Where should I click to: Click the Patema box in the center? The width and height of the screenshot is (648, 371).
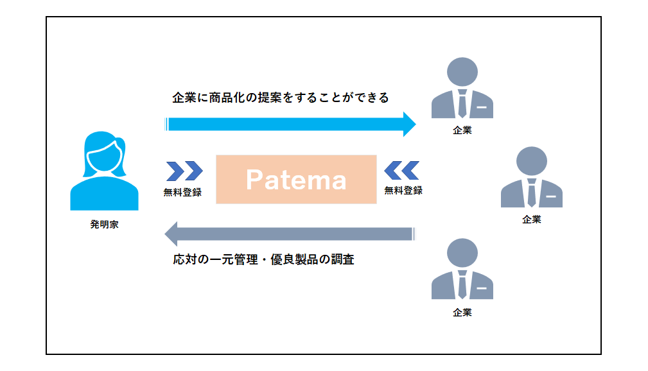click(x=296, y=179)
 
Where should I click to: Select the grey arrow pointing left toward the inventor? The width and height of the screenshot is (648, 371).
click(x=289, y=234)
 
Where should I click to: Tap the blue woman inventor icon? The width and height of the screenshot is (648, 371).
click(x=103, y=171)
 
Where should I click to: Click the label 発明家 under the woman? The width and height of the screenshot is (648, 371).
click(x=104, y=225)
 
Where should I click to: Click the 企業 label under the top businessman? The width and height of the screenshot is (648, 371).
click(x=462, y=130)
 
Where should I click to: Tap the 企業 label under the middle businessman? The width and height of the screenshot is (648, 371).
click(x=531, y=219)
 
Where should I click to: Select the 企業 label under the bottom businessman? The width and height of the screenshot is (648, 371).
click(x=462, y=313)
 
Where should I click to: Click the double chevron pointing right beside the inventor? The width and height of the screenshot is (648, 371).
click(x=184, y=171)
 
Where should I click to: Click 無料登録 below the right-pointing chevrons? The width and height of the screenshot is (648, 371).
click(x=183, y=192)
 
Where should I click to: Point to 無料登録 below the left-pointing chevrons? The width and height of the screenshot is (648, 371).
click(x=403, y=190)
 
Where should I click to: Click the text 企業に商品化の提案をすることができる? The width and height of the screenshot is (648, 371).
click(x=281, y=98)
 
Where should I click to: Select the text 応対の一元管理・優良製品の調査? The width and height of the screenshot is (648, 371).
click(x=263, y=260)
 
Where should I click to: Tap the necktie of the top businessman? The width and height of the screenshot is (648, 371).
click(x=462, y=103)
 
